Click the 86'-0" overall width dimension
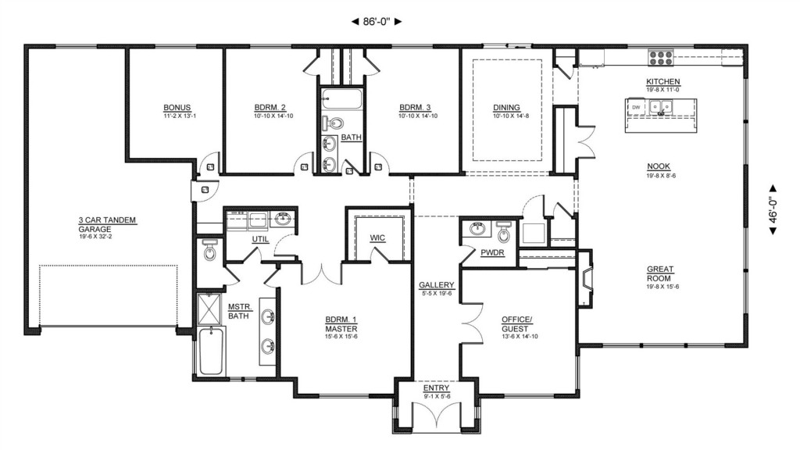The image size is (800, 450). coord(377,21)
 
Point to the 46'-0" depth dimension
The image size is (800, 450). coord(773,209)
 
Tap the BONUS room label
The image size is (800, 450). coord(177,108)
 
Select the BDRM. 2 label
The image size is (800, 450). coord(270,108)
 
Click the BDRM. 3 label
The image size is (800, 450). coord(415,108)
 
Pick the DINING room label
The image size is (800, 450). coord(506,108)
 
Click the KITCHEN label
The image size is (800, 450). coord(663,81)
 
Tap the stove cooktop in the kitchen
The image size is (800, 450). coord(661,58)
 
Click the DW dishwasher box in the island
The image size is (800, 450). coord(636,107)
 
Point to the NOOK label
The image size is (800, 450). coord(659,166)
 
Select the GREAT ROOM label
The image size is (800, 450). coord(660,273)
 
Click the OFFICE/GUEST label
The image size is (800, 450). coord(517,324)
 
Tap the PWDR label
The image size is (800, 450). coord(492,252)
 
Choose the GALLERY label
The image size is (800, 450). coord(436,285)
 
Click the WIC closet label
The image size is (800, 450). coord(377,237)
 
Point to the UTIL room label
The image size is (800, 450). coord(260,239)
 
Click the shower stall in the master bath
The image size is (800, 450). coord(209,309)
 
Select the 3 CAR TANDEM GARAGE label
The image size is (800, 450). coord(107,224)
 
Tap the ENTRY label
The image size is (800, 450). coord(436,388)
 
